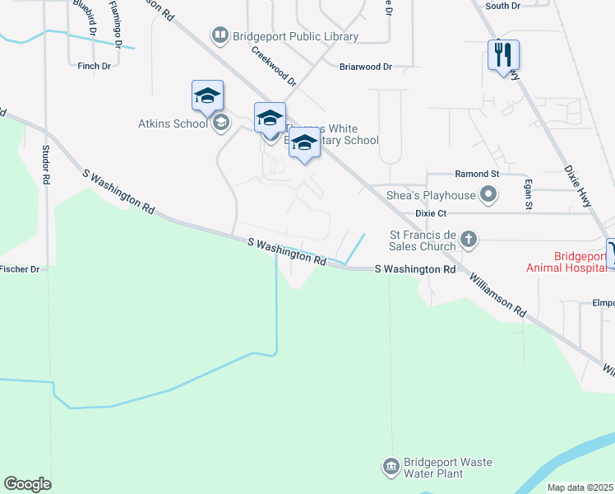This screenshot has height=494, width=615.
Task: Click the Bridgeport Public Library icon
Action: coord(220,35)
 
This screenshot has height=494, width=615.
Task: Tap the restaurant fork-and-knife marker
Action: coord(502,55)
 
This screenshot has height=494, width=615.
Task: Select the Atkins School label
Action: coord(173,124)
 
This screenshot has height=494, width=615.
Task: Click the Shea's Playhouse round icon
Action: coord(489,195)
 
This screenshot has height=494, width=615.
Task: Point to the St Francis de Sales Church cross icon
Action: coord(469,240)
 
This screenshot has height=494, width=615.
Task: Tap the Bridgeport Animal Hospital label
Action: coord(569,260)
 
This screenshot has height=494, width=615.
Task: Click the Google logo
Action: coord(27,484)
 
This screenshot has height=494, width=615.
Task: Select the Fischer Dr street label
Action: coord(20,269)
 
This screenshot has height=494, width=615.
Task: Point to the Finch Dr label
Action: coord(94,66)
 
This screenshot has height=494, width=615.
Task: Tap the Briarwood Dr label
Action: coord(366,67)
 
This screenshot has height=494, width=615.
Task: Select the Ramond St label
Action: coord(477,175)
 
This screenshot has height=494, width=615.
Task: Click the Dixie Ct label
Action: coord(431,212)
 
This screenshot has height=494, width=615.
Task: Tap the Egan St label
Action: coord(529,194)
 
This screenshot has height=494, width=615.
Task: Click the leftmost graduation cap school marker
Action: coord(208,96)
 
